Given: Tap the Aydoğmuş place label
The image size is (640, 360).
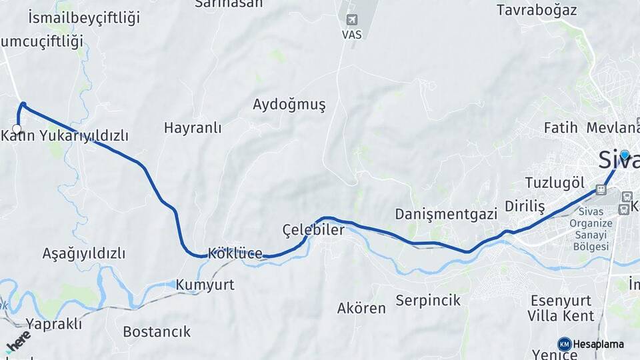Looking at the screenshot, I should click(289, 105).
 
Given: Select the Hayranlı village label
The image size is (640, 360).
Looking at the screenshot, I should click(193, 128).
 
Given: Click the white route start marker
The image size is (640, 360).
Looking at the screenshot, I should click(17, 129).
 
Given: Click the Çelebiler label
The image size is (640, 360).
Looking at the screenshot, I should click(313, 230).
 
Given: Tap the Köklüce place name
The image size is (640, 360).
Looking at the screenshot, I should click(235, 253).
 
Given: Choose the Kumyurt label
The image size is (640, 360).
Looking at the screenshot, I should click(205, 285).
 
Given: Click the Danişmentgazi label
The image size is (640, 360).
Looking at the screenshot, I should click(447, 214).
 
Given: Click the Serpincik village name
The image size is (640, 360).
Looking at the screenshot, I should click(428, 300).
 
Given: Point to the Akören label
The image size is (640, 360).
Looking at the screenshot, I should click(361, 308).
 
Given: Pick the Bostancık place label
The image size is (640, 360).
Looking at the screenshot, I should click(157, 331).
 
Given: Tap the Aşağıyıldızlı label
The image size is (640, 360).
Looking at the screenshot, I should click(84, 254).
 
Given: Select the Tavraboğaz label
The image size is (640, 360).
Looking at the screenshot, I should click(537, 10).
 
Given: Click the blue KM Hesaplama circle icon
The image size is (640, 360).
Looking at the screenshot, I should click(565, 344).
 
